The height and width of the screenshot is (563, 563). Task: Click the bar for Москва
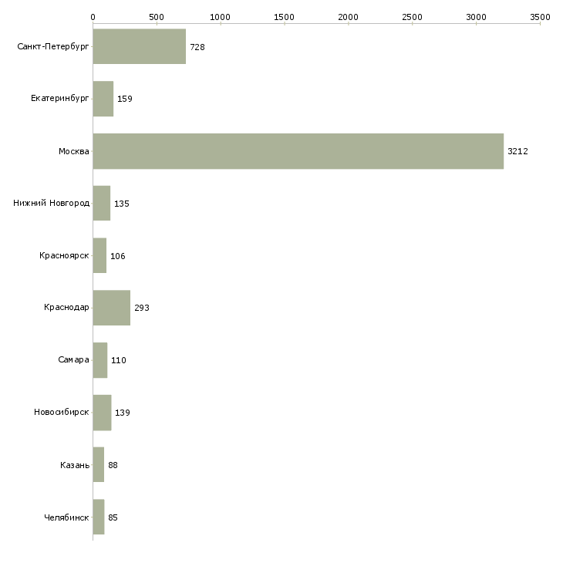(x=298, y=151)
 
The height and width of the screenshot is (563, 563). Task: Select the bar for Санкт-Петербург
(x=139, y=47)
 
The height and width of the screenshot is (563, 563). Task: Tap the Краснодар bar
(x=111, y=308)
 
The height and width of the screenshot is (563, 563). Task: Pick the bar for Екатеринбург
(x=103, y=99)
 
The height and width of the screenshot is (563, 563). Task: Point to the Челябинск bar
(x=98, y=517)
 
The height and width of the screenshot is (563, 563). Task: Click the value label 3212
(x=517, y=152)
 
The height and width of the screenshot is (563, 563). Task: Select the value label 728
(x=197, y=48)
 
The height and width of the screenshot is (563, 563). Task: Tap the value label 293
(x=141, y=308)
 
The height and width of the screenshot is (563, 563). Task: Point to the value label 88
(x=113, y=465)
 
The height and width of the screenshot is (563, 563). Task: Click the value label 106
(x=117, y=256)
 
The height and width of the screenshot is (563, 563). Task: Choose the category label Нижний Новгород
(x=52, y=204)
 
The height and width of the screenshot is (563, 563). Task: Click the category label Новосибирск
(x=62, y=413)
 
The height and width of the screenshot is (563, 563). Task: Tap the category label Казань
(x=74, y=465)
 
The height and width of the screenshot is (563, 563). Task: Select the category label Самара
(x=73, y=360)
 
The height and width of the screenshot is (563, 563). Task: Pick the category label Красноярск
(x=64, y=256)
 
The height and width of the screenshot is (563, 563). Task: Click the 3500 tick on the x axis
(x=540, y=16)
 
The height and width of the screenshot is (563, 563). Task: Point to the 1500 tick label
(x=285, y=16)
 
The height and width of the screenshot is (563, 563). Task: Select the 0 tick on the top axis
(x=93, y=16)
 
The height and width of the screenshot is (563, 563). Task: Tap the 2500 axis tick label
(x=413, y=16)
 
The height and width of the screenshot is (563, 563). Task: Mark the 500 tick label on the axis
(x=157, y=16)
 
